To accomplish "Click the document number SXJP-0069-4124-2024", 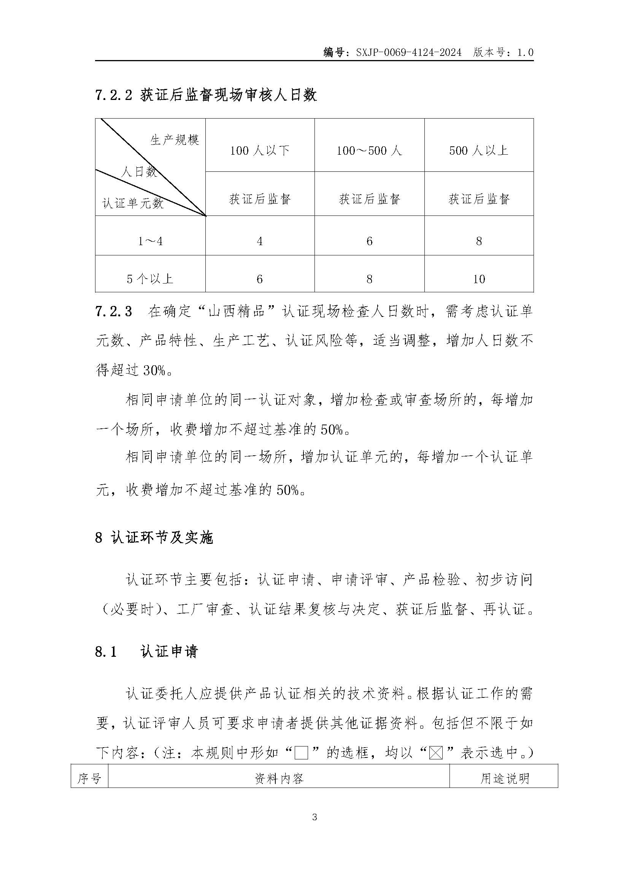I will click(x=408, y=52).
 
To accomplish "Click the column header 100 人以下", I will click(x=259, y=150).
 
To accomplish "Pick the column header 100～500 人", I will click(x=369, y=150).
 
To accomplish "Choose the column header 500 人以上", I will click(x=479, y=150).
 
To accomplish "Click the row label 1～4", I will click(x=150, y=241).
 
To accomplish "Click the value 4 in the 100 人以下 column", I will click(x=259, y=241).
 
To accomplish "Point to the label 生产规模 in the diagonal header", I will click(x=175, y=140).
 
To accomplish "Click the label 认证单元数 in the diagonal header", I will click(x=133, y=203).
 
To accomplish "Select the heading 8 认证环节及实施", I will click(x=154, y=538).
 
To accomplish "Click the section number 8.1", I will click(x=106, y=652).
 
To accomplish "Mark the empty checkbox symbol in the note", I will click(x=301, y=753).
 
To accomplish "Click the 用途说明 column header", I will click(x=504, y=778).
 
